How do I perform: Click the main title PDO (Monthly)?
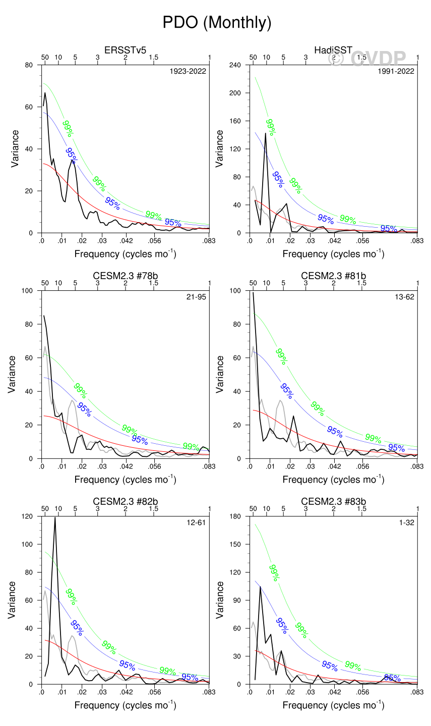coord(217,23)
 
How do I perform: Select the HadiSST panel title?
coord(333,50)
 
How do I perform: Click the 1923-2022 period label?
coord(188,71)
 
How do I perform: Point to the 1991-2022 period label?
coord(396,71)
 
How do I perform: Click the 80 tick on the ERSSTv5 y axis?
coord(29,65)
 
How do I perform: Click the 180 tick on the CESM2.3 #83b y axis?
coord(235,516)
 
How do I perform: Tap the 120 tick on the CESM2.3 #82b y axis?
coord(27,516)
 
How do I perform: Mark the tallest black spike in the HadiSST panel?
coord(266,134)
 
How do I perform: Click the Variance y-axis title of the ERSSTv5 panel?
coord(16,149)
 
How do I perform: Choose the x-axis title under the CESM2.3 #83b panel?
coord(333,705)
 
